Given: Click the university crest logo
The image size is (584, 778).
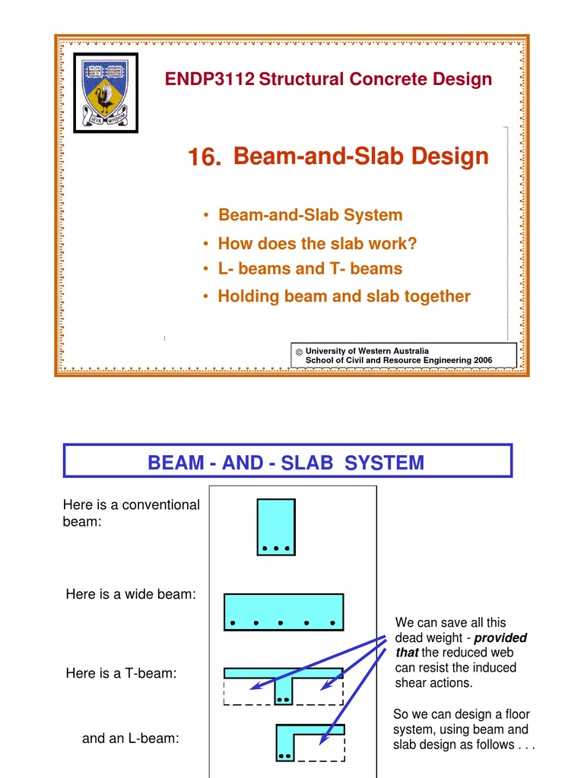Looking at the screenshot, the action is [x=106, y=92].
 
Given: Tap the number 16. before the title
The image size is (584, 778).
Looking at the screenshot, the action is [x=205, y=159].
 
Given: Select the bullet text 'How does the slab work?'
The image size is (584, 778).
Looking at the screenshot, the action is [x=317, y=244].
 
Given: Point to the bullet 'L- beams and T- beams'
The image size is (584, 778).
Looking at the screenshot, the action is [x=309, y=269].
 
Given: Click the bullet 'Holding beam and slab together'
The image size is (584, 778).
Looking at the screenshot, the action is [x=344, y=296].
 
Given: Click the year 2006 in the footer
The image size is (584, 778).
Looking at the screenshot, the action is [x=481, y=360].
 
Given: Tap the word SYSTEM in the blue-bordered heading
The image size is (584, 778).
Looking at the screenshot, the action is [x=384, y=462].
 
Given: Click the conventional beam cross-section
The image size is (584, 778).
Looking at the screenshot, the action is [x=276, y=526].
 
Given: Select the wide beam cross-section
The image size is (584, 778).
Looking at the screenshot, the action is [x=284, y=612].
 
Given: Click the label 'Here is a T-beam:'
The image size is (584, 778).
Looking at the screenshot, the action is [x=121, y=673].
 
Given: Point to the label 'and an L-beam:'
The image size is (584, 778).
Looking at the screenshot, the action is [x=130, y=738].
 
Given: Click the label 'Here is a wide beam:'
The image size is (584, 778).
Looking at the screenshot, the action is [x=131, y=595].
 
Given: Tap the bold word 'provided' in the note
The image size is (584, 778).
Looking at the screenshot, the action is [x=500, y=637].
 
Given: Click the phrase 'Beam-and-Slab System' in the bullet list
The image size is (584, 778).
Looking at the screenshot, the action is [x=310, y=215].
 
